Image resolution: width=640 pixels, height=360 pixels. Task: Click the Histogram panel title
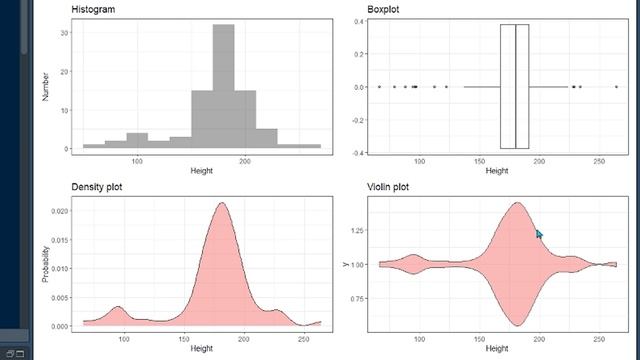pos(94,9)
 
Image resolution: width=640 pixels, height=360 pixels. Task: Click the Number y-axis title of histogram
pos(46,87)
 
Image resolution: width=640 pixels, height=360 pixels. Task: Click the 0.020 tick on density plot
pos(60,212)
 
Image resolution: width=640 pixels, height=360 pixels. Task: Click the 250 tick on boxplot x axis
pos(597,161)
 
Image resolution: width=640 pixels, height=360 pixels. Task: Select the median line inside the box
pos(515,87)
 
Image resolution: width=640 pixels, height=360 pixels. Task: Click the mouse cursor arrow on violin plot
pos(539,233)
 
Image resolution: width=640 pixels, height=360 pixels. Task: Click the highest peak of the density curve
pos(214,203)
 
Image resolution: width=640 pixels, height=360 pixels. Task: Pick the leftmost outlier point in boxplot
pos(379,87)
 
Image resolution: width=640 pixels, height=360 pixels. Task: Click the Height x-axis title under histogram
pos(201,171)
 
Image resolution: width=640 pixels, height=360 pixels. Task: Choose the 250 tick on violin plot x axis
pos(597,340)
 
